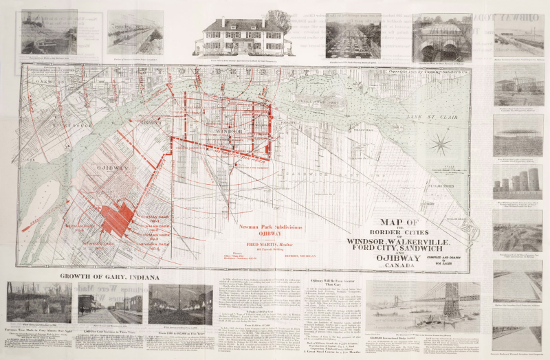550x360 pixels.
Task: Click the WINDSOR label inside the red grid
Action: point(219,129)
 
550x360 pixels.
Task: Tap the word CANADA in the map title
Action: point(395,267)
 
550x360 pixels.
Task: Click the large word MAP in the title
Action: point(389,223)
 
